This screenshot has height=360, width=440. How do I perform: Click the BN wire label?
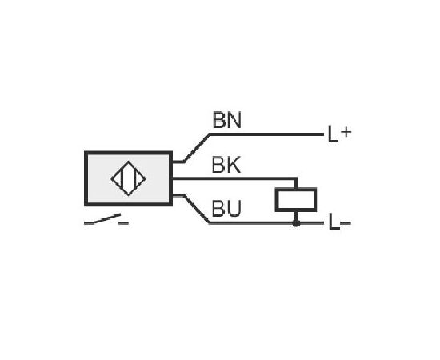point(227,120)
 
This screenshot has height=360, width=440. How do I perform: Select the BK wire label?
point(226,166)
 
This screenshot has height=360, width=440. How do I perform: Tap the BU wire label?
point(226,209)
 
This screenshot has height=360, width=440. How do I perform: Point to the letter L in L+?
point(333,134)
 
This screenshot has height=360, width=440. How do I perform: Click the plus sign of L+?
point(346,132)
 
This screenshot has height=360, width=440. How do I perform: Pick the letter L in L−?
point(334,222)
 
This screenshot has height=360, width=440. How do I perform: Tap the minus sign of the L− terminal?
point(346,223)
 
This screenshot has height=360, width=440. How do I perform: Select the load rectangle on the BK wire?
point(296,199)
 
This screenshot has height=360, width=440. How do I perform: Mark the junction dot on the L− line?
point(296,223)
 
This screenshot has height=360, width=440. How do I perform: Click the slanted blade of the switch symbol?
point(107,218)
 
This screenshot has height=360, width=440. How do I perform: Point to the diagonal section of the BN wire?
point(197,148)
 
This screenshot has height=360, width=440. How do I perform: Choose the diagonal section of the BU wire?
point(197,209)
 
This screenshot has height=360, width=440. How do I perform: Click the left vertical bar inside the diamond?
point(122,178)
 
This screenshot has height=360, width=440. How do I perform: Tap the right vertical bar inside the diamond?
point(135,178)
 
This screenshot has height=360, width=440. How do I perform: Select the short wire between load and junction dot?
point(296,216)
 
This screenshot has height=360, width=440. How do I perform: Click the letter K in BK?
point(234,166)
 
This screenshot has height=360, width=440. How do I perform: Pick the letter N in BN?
point(234,120)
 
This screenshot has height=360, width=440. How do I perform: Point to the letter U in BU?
point(234,209)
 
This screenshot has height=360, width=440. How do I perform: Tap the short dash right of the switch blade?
point(123,223)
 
